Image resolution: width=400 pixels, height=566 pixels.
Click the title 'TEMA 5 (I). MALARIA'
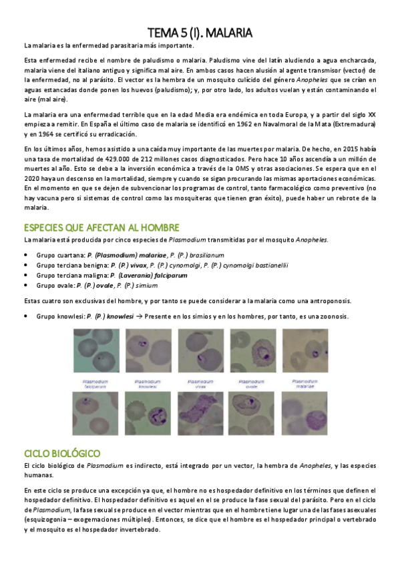pos(200,33)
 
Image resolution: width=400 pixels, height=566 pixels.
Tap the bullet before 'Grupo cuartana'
pos(25,255)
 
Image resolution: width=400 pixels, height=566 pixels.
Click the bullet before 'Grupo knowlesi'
pos(25,316)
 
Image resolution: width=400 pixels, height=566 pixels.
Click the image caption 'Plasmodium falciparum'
pos(93,383)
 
